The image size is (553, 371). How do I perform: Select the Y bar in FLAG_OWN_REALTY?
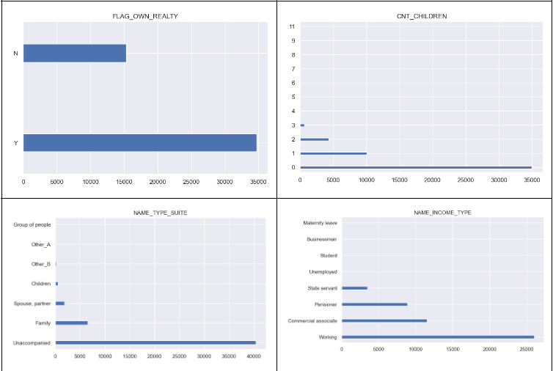click(139, 143)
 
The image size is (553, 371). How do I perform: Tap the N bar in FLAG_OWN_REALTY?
click(75, 54)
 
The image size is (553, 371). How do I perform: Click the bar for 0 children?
click(416, 168)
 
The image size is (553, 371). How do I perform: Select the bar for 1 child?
click(333, 154)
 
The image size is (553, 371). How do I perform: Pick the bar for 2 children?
click(315, 139)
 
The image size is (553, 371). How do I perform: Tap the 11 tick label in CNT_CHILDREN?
click(293, 26)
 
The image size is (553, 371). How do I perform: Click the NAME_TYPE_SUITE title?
click(155, 212)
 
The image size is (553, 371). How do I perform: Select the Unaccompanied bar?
click(155, 342)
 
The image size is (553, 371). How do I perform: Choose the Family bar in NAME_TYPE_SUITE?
click(71, 323)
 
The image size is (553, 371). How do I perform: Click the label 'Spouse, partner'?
click(32, 304)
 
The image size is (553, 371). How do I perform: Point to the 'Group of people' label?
click(32, 224)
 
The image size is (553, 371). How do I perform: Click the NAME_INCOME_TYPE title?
click(442, 212)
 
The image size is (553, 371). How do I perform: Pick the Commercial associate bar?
click(384, 320)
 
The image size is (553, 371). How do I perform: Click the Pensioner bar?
click(374, 304)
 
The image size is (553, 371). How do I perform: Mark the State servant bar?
click(354, 288)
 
